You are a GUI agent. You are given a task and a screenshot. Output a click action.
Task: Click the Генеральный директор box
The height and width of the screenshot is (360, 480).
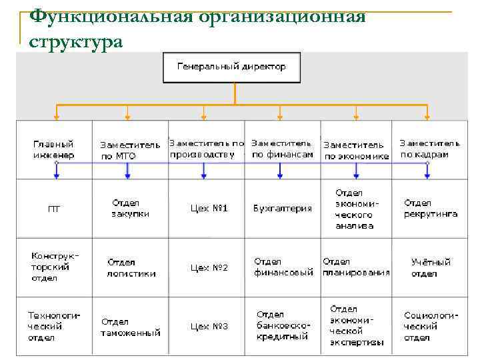pos(231,67)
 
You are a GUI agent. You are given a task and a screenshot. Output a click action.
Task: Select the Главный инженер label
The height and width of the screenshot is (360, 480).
pos(54,149)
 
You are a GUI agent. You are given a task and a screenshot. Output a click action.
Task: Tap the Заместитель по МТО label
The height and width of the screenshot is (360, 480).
pos(130,150)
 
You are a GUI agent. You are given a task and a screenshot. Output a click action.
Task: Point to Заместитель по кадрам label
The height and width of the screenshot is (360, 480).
pos(429,149)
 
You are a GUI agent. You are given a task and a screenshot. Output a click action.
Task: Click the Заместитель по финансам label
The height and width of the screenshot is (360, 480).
pos(282,149)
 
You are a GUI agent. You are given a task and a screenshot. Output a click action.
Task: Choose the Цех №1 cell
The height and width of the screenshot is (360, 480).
pos(209,209)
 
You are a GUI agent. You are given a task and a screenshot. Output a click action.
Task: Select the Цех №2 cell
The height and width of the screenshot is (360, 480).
pos(209,267)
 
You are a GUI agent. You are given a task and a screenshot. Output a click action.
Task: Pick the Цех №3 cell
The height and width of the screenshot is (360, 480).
pos(209,327)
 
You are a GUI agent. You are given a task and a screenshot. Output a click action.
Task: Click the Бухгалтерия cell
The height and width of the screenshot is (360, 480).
pos(283,209)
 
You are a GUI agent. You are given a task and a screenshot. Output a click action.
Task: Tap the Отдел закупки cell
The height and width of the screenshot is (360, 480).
pos(130,208)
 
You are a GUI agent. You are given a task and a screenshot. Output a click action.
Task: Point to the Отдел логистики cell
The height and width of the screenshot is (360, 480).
pos(131,267)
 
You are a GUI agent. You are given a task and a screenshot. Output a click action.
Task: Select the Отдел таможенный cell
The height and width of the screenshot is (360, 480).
pos(131,327)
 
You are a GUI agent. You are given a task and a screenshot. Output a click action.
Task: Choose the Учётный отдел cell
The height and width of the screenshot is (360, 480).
pos(431,267)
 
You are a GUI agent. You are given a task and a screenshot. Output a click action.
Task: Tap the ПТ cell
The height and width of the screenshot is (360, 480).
pos(54,209)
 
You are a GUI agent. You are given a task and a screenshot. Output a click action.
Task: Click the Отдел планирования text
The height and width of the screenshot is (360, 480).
pos(356,267)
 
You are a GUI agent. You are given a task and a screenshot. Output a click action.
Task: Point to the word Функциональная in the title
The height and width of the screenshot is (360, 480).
pos(113,16)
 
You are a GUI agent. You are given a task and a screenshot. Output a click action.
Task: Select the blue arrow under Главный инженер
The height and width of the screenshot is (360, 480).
pos(57,172)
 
